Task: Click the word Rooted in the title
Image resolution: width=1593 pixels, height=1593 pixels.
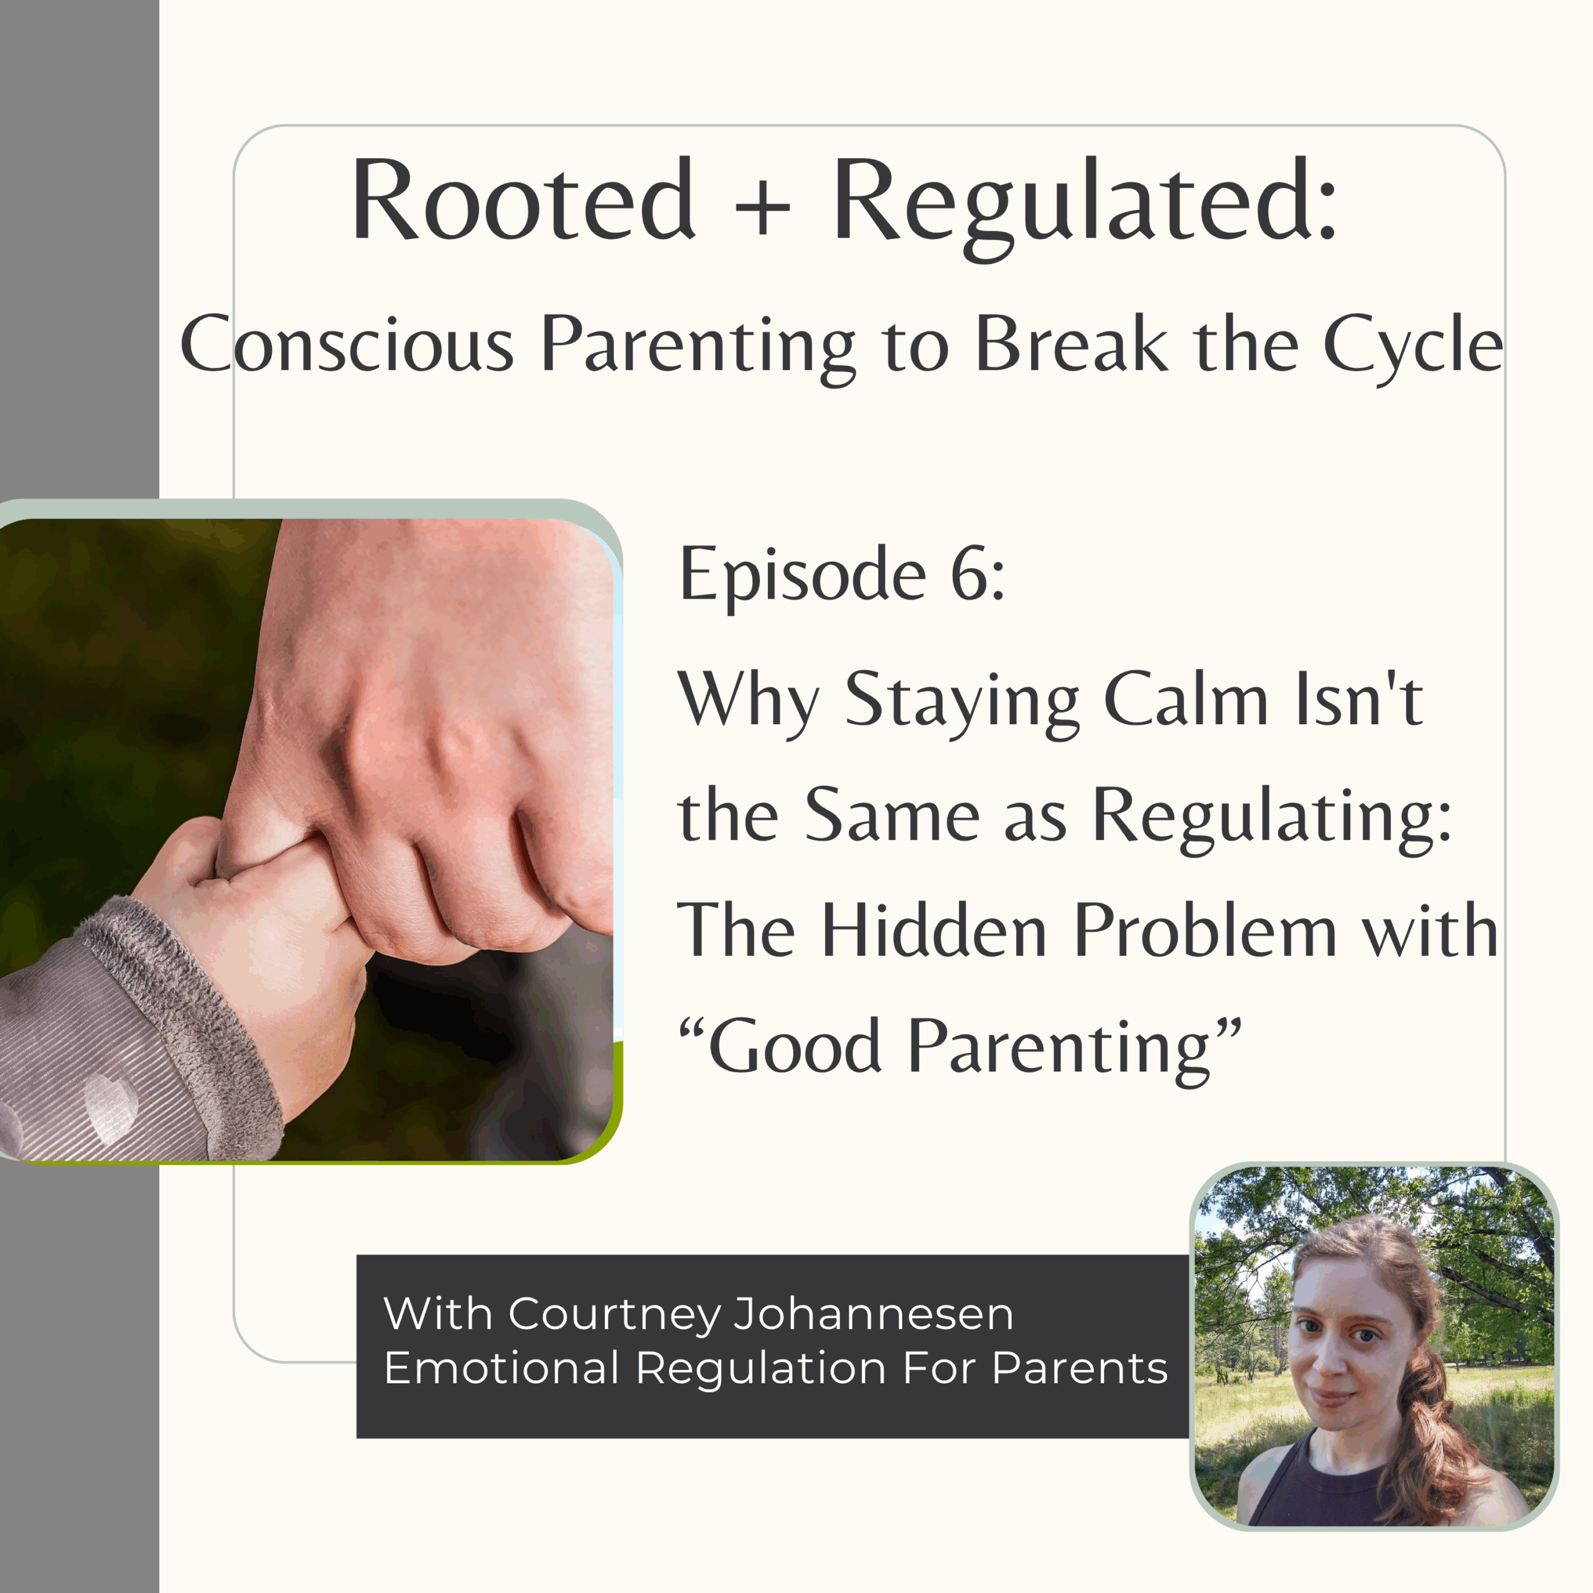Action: point(523,200)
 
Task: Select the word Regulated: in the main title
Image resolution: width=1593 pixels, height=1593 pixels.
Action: point(1084,208)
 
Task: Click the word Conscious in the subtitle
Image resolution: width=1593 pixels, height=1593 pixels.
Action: point(347,344)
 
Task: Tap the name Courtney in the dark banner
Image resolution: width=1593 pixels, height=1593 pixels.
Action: point(615,1314)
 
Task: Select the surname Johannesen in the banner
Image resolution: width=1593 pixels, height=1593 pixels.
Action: point(873,1314)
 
